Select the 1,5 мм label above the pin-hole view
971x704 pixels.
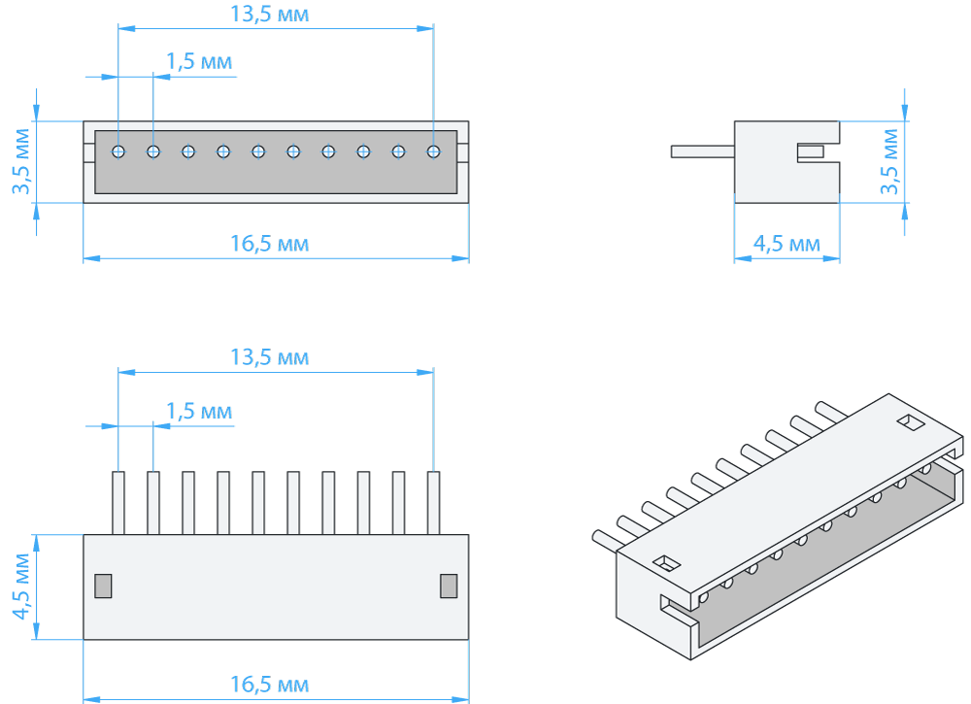[199, 61]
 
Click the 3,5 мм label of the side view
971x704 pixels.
[889, 161]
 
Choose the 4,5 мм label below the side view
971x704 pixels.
[787, 244]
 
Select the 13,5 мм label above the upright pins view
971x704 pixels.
[269, 357]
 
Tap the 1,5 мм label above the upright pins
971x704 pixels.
[199, 411]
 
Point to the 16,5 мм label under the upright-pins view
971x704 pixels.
[269, 686]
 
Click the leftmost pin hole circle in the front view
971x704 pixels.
[118, 151]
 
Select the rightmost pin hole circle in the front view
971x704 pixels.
[433, 151]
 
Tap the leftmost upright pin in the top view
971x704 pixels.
[118, 503]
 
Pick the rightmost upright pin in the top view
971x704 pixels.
[433, 503]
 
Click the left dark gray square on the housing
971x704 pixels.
[103, 586]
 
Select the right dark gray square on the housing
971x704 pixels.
[449, 586]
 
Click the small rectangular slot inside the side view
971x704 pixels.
[810, 152]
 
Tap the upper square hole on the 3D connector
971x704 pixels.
[909, 422]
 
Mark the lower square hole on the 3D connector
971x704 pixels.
[666, 562]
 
